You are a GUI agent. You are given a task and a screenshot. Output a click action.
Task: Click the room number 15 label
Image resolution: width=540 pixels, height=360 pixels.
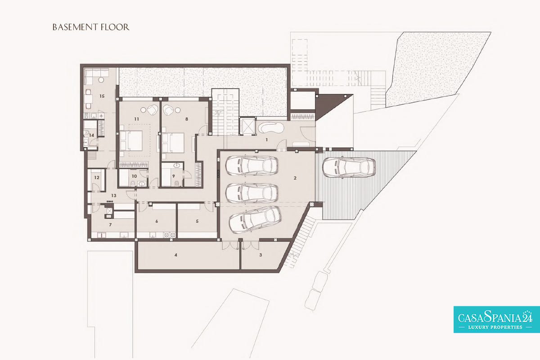click(102, 96)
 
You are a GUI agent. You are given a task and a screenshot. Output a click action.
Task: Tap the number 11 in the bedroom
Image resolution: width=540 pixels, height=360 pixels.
click(137, 119)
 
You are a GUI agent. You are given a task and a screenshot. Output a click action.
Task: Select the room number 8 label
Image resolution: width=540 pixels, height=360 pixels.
click(187, 119)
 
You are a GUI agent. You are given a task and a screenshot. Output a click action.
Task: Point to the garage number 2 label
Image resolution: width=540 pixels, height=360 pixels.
click(295, 178)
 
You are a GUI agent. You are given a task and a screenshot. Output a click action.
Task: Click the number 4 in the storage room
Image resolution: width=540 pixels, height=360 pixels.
click(176, 255)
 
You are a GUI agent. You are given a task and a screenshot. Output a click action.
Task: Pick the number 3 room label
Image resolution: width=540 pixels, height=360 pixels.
click(261, 255)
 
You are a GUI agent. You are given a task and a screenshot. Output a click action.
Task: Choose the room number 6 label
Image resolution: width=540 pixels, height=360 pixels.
click(157, 221)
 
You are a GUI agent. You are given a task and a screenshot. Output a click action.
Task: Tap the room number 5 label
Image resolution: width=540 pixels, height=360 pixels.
click(197, 221)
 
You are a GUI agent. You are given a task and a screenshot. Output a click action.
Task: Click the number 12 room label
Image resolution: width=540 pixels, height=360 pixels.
click(97, 177)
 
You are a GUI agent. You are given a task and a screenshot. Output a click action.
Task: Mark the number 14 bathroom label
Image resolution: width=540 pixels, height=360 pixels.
click(92, 135)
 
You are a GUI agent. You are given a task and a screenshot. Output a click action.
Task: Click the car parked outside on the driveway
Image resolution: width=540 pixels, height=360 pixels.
click(349, 168)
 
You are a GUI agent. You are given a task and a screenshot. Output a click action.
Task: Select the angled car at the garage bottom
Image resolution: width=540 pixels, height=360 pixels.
click(255, 220)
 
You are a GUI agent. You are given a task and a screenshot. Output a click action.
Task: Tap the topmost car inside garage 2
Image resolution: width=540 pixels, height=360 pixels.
click(252, 166)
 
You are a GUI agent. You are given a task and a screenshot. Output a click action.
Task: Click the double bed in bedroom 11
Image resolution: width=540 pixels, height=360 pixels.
click(131, 141)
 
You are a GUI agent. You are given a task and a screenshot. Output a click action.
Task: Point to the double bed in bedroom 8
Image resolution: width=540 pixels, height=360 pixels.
click(173, 143)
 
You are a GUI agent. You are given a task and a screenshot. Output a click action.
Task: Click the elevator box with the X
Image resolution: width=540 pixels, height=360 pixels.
click(247, 126)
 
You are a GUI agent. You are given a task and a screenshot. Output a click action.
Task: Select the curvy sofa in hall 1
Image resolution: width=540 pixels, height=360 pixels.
click(271, 127)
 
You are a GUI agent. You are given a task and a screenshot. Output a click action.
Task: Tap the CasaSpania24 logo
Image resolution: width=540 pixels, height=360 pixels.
click(497, 319)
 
